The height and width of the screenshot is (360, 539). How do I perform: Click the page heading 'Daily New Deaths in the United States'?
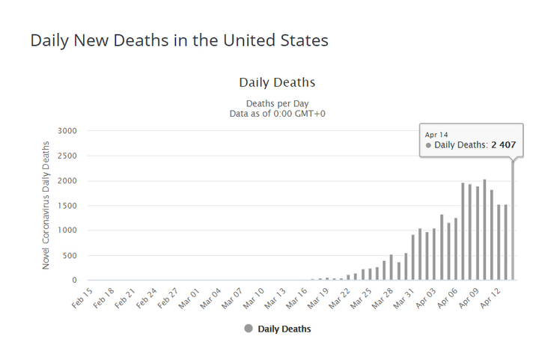coord(179,40)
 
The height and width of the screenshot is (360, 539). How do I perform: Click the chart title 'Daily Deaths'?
coord(277,82)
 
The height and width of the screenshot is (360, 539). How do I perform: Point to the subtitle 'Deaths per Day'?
coord(277,103)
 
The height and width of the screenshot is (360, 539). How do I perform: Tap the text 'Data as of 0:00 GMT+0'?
coord(277,113)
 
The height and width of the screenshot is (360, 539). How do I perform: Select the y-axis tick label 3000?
coord(67,131)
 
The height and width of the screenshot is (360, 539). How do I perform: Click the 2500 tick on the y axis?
coord(67,156)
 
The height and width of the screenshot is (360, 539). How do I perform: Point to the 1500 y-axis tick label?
coord(67,206)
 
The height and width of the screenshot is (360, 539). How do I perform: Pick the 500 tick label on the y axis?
coord(69,255)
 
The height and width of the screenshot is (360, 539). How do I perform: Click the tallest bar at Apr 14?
coord(513,225)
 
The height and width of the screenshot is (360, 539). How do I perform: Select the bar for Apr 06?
coord(463,232)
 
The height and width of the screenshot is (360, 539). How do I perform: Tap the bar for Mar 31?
coord(412,258)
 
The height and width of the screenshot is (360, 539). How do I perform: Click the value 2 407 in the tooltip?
coord(504,144)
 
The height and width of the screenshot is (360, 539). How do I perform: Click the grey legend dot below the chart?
coord(249,329)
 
